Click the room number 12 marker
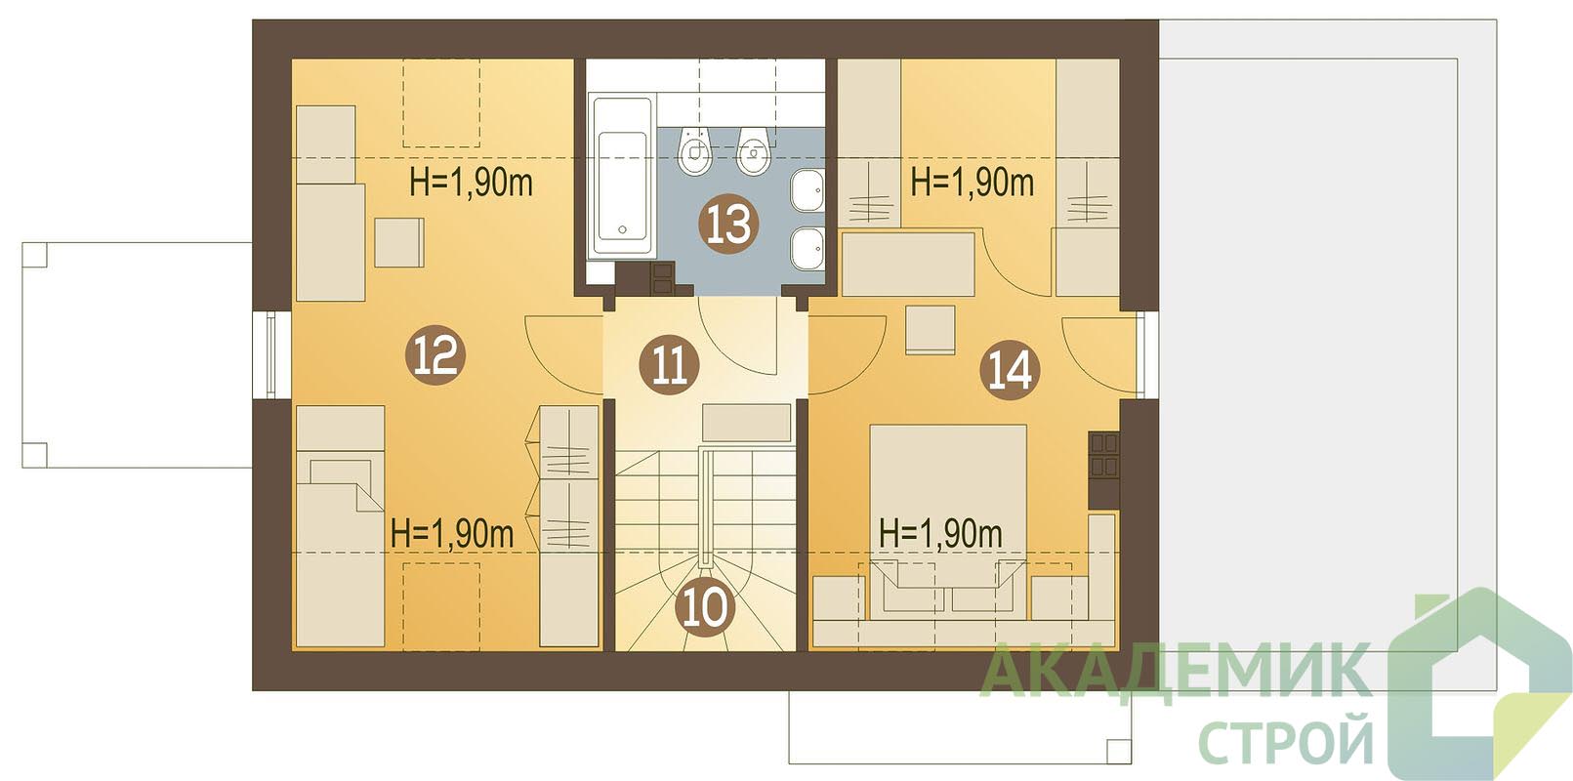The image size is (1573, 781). click(x=436, y=355)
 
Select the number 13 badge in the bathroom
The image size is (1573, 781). click(x=729, y=224)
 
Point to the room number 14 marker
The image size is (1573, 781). click(x=1011, y=370)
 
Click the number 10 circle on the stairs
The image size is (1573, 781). click(x=705, y=607)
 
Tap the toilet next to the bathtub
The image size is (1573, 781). click(x=695, y=149)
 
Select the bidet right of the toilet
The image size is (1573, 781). click(x=754, y=149)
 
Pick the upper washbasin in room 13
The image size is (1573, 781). click(x=807, y=189)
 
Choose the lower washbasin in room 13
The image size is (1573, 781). click(x=807, y=249)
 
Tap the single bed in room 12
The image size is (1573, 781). click(x=341, y=527)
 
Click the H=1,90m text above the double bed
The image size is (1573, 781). click(x=940, y=534)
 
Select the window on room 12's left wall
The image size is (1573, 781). click(x=271, y=355)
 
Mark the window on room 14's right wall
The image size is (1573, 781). click(x=1141, y=353)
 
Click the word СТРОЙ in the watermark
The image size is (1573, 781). click(x=1286, y=737)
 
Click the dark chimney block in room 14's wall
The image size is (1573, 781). click(x=1104, y=471)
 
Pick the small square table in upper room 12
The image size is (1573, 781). click(x=399, y=242)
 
